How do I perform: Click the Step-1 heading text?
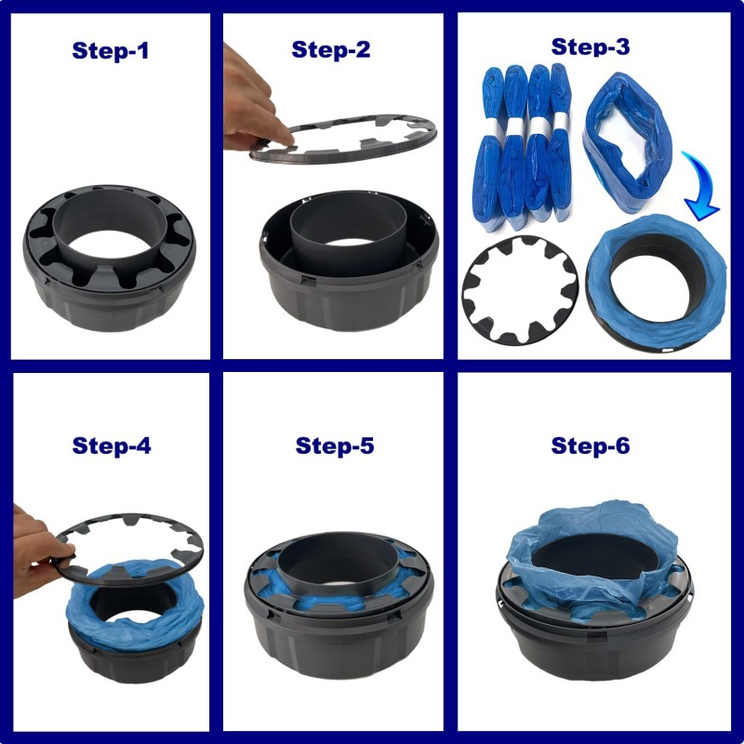tap(111, 50)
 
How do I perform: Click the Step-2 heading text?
tap(331, 49)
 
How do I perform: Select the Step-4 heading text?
tap(111, 445)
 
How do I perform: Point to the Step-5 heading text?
tap(335, 445)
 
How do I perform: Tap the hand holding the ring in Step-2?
tap(249, 102)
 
